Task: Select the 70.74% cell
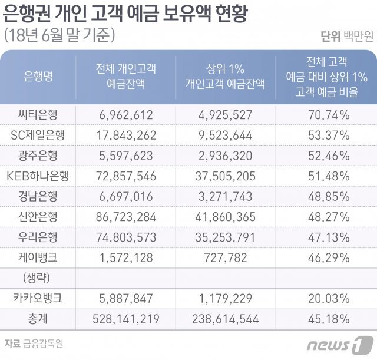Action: point(329,114)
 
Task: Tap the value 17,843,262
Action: point(126,135)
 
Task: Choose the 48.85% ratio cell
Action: point(329,196)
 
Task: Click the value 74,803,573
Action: point(126,237)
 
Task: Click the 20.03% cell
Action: point(329,298)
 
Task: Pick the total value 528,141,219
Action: point(126,319)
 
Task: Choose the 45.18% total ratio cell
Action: point(329,319)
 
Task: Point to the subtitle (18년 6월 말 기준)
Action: point(59,35)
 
